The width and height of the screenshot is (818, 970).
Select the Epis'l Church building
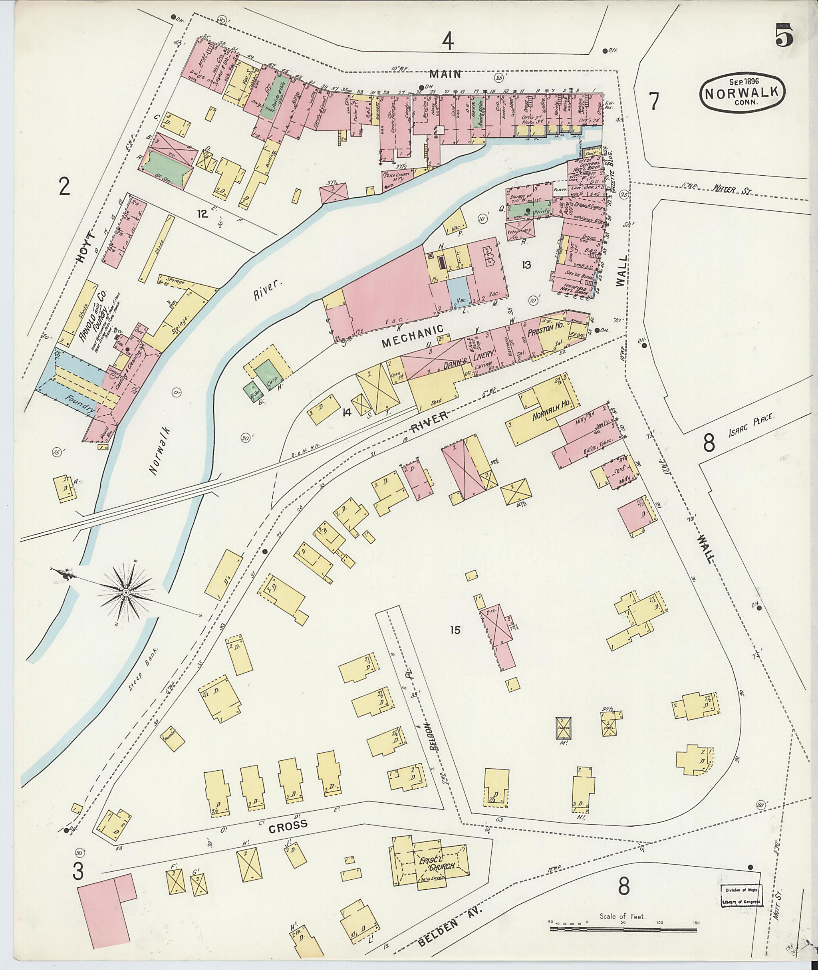point(429,866)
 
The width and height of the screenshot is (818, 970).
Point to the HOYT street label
point(87,248)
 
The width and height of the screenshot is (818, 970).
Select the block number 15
point(455,630)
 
